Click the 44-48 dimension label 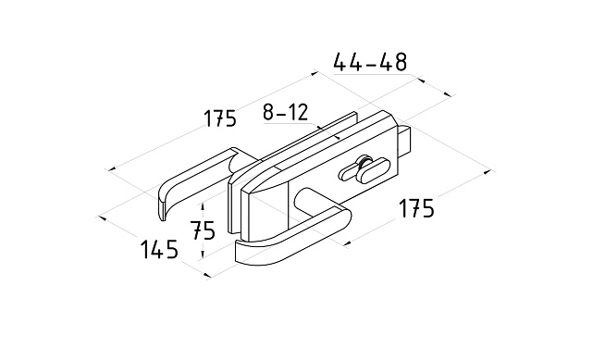370,62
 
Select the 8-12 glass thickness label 286,112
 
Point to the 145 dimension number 159,249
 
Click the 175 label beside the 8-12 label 220,118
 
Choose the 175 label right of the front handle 416,208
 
